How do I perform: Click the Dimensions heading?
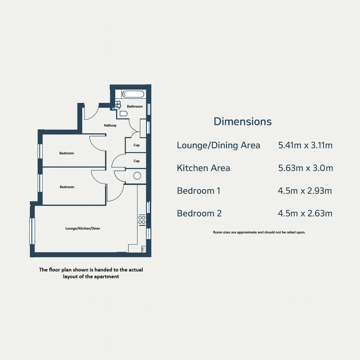coord(243,121)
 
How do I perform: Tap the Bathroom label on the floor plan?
coord(135,106)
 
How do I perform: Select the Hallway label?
coord(110,126)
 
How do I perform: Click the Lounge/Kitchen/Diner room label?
coord(83,229)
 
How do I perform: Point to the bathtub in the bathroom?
coord(133,94)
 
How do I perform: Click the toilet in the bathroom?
coord(123,114)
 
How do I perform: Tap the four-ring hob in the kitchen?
coord(142,220)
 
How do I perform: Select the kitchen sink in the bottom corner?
coord(144,249)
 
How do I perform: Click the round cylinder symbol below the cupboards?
coord(137,176)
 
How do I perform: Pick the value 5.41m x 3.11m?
coord(306,145)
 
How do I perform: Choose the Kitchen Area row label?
coord(204,168)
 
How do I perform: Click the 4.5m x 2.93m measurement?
coord(305,191)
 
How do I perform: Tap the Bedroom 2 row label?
coord(199,213)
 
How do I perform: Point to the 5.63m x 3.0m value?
coord(306,168)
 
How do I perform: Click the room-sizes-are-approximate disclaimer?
coord(259,232)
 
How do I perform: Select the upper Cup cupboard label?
coord(137,145)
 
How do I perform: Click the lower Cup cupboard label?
coord(137,161)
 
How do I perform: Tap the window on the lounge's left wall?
coord(32,231)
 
